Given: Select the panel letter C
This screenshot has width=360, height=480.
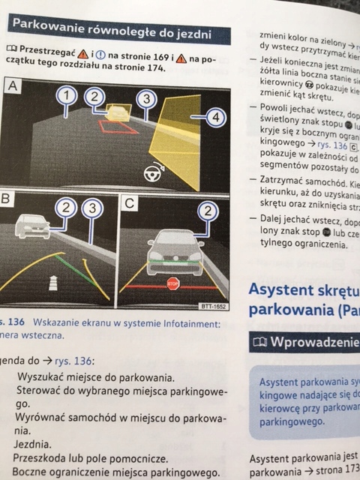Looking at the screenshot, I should (129, 201).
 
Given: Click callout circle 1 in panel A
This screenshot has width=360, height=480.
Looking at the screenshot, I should (67, 96).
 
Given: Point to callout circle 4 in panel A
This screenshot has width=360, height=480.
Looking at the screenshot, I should (216, 118).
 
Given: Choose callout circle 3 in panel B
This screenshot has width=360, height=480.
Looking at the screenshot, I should (93, 208).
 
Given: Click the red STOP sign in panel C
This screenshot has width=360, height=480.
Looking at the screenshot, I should (173, 283).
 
